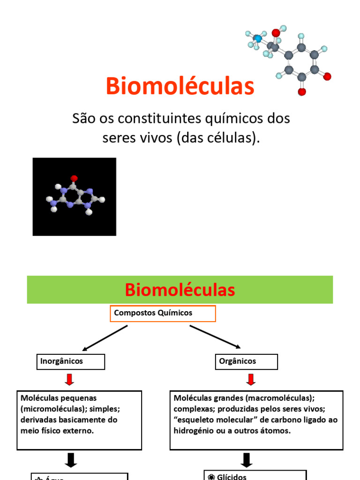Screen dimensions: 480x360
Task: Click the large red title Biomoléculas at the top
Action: click(180, 86)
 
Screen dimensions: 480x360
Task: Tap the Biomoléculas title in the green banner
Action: click(180, 290)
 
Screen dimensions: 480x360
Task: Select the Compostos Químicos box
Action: click(163, 313)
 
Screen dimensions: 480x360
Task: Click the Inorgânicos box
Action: click(70, 361)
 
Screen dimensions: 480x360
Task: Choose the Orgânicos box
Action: click(247, 361)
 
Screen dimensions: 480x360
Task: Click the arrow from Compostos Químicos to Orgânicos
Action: click(215, 337)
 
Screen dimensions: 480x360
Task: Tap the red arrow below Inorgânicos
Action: click(69, 379)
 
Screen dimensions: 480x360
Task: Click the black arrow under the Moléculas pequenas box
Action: click(70, 460)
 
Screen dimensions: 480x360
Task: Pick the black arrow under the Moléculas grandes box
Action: click(247, 459)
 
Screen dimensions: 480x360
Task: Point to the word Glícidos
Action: click(232, 477)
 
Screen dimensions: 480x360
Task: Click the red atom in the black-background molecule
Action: click(74, 178)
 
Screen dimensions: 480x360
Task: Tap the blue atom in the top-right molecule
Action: click(258, 38)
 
